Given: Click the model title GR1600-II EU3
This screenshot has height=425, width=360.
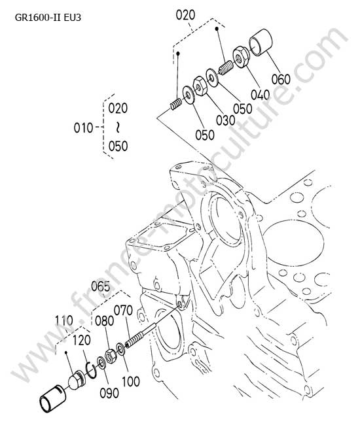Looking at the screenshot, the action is coord(48,18).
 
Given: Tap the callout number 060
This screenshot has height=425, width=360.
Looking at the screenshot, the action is coord(281,79).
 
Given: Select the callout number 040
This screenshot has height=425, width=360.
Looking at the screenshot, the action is coord(260,95).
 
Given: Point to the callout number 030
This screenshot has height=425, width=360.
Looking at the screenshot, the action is coord(226,120).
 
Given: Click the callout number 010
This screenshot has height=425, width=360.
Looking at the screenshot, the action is coord(83,127).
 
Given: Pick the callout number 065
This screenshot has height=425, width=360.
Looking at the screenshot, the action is coord(101,286).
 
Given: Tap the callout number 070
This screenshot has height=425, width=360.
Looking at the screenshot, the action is coord(123,311).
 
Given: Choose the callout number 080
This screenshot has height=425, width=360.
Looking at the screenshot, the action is coord(105,320).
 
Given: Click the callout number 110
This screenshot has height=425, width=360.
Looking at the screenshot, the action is coord(64,320).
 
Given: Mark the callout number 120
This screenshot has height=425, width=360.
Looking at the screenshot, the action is coord(81,340).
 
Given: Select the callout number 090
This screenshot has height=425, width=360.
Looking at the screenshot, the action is coord(109,393).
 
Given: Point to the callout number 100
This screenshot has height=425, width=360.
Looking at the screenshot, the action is coord(131,381).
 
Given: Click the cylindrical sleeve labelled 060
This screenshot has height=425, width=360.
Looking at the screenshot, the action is coord(261,42).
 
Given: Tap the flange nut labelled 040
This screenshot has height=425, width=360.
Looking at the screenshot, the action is coord(241,57).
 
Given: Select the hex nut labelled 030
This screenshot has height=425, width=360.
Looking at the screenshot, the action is coord(200,86).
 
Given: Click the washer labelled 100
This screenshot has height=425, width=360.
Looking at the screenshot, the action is coord(120,349).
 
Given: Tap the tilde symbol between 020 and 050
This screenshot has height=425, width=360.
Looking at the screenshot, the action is coord(118,127).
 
